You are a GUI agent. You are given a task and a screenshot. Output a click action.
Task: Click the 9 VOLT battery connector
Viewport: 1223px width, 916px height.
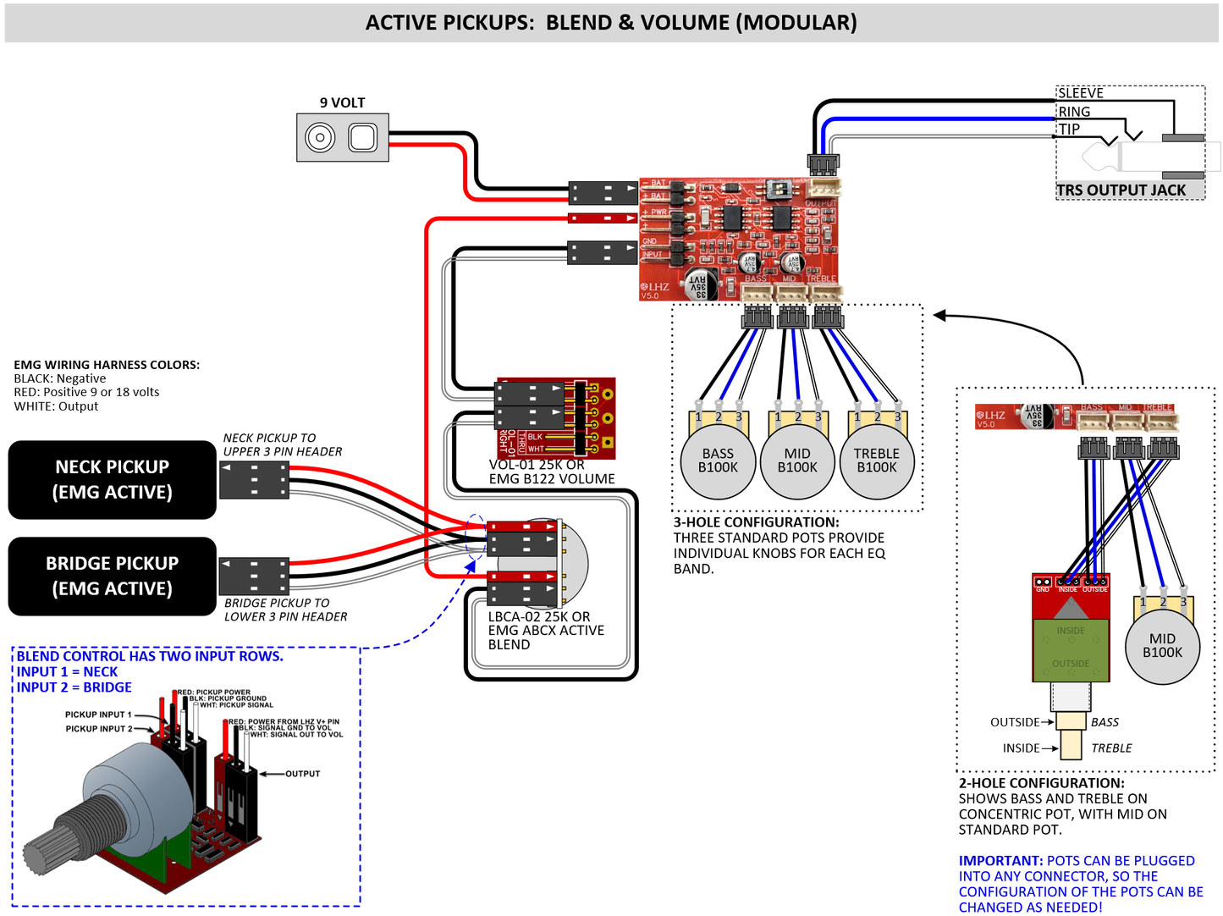(x=343, y=137)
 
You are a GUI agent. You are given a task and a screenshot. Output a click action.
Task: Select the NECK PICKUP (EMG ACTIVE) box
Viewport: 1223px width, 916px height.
(x=113, y=479)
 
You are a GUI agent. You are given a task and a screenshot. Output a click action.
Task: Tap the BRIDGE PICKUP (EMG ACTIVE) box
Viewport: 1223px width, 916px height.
(x=113, y=576)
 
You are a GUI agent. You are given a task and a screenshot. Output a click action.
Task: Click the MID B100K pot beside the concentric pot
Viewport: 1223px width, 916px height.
(x=1162, y=646)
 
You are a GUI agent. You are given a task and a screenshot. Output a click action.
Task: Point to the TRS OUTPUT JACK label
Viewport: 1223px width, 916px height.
(x=1121, y=190)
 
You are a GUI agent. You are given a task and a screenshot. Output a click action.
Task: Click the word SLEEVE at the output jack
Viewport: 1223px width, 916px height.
(x=1081, y=93)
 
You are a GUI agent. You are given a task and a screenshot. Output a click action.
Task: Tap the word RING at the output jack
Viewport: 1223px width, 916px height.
(x=1074, y=112)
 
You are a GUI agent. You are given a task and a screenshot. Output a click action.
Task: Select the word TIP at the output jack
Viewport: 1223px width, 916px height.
(x=1070, y=130)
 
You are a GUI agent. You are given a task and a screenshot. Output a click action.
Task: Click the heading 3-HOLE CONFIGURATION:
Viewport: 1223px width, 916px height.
(x=756, y=522)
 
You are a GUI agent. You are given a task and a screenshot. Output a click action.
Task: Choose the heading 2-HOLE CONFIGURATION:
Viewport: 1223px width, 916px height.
(x=1041, y=783)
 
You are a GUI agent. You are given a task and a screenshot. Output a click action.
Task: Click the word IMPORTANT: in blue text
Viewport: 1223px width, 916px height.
(x=1000, y=861)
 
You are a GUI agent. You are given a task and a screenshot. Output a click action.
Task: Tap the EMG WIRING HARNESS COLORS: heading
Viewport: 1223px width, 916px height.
(x=107, y=365)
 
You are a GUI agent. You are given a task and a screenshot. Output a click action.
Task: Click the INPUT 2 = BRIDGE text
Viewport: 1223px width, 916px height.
(x=74, y=687)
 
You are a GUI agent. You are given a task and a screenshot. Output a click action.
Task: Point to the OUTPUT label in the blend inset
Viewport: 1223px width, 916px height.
(x=302, y=774)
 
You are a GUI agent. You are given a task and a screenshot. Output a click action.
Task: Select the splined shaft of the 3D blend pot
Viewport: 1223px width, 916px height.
(x=47, y=851)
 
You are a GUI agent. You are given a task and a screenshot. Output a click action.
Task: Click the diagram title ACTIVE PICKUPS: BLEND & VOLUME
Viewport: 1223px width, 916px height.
(x=611, y=23)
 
